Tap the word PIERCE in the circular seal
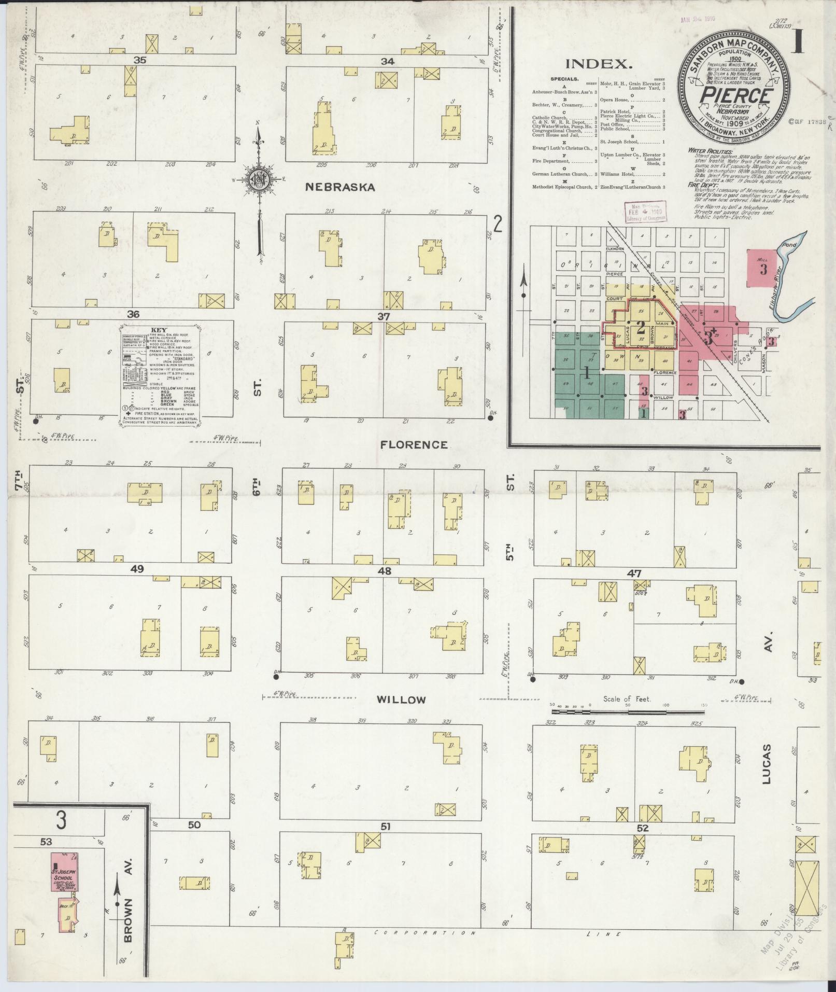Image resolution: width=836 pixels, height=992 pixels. [735, 96]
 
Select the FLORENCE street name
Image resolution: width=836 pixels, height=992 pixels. [414, 445]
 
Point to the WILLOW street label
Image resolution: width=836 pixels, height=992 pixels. [401, 700]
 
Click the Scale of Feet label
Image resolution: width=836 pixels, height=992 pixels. [627, 699]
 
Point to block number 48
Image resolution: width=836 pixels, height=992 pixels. [385, 571]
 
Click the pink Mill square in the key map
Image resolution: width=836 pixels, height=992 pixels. [763, 268]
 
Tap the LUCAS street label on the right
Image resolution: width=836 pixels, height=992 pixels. [767, 771]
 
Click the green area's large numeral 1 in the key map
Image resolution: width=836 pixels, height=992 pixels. [587, 372]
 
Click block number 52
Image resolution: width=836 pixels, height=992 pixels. [642, 828]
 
